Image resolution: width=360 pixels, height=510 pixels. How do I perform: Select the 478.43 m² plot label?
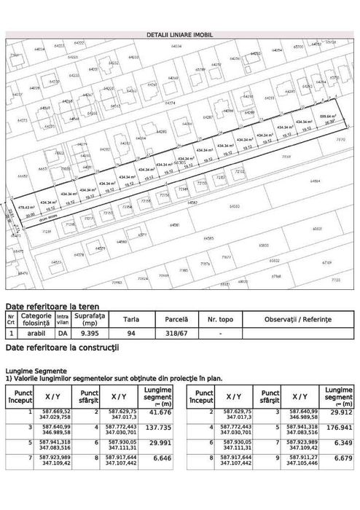click(27, 207)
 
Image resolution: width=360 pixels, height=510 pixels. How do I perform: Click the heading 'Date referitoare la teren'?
click(52, 307)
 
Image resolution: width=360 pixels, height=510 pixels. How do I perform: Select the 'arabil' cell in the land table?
click(36, 333)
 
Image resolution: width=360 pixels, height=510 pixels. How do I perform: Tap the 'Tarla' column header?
click(132, 319)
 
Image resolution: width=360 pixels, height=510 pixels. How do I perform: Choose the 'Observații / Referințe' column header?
click(297, 319)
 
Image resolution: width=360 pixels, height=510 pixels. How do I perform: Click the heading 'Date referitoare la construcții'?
click(61, 350)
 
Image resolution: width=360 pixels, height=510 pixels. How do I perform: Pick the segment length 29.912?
click(340, 414)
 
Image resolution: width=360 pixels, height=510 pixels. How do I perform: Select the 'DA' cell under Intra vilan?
click(63, 333)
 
